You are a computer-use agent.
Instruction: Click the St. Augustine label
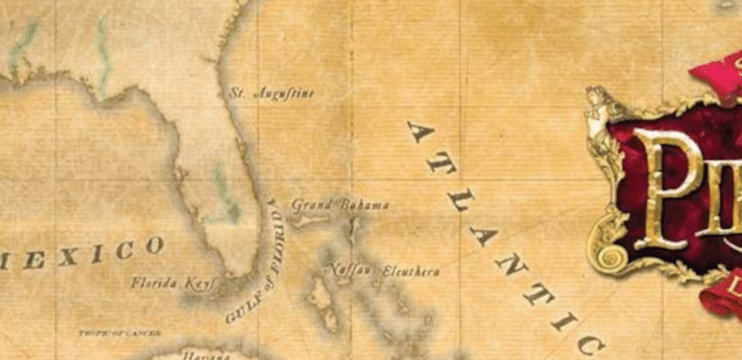pos(273,93)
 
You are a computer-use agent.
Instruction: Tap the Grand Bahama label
pos(340,205)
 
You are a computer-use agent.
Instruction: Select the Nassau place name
pos(349,269)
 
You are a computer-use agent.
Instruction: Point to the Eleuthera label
pos(411,270)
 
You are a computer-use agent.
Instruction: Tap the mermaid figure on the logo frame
pos(596,112)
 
